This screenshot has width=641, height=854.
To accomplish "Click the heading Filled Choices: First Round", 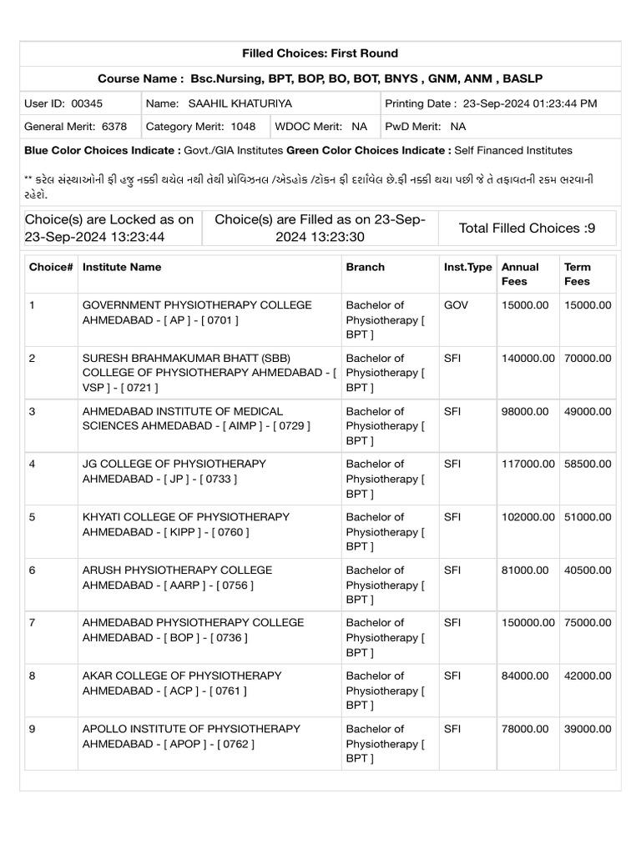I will (x=320, y=53).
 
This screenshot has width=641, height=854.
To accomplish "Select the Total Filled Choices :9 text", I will (x=527, y=228).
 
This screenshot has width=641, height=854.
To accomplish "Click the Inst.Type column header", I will (x=467, y=267).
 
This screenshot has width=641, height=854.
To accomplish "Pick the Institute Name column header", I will (x=122, y=267).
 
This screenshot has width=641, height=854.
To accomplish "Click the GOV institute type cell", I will (x=456, y=305).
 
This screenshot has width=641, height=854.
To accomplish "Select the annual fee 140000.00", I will (x=527, y=358).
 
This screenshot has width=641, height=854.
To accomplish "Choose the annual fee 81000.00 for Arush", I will (x=524, y=570).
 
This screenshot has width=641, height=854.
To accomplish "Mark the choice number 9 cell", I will (x=33, y=728).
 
